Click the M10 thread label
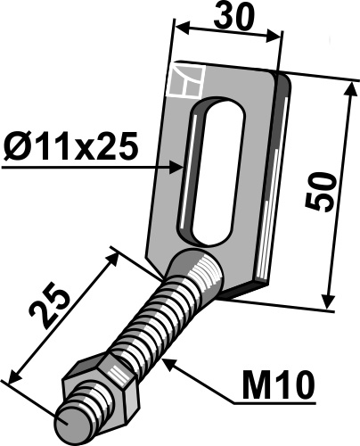tap(275, 385)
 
